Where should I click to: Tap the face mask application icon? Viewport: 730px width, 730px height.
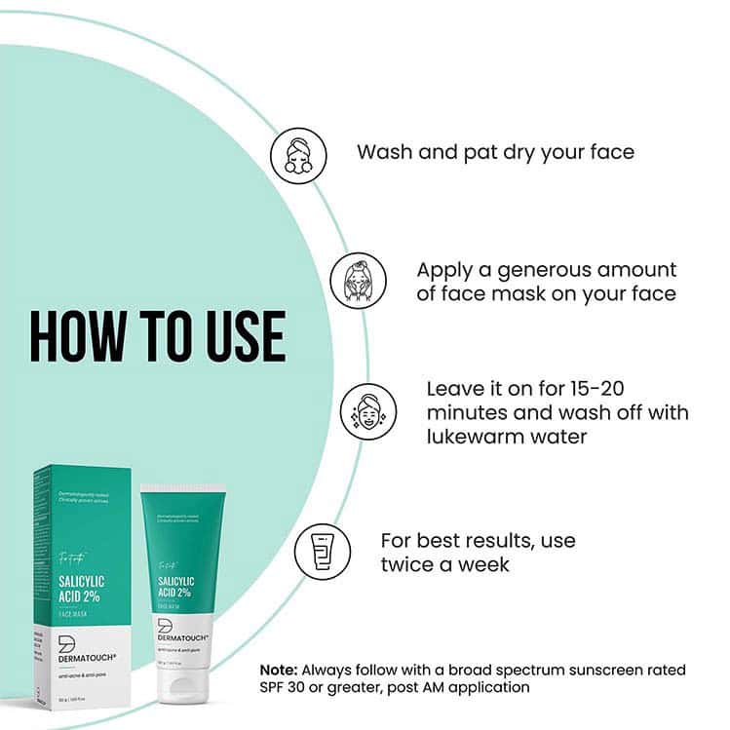(358, 281)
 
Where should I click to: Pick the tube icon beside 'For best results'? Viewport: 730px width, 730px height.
(323, 552)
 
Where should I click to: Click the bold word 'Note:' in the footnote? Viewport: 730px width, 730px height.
(279, 671)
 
